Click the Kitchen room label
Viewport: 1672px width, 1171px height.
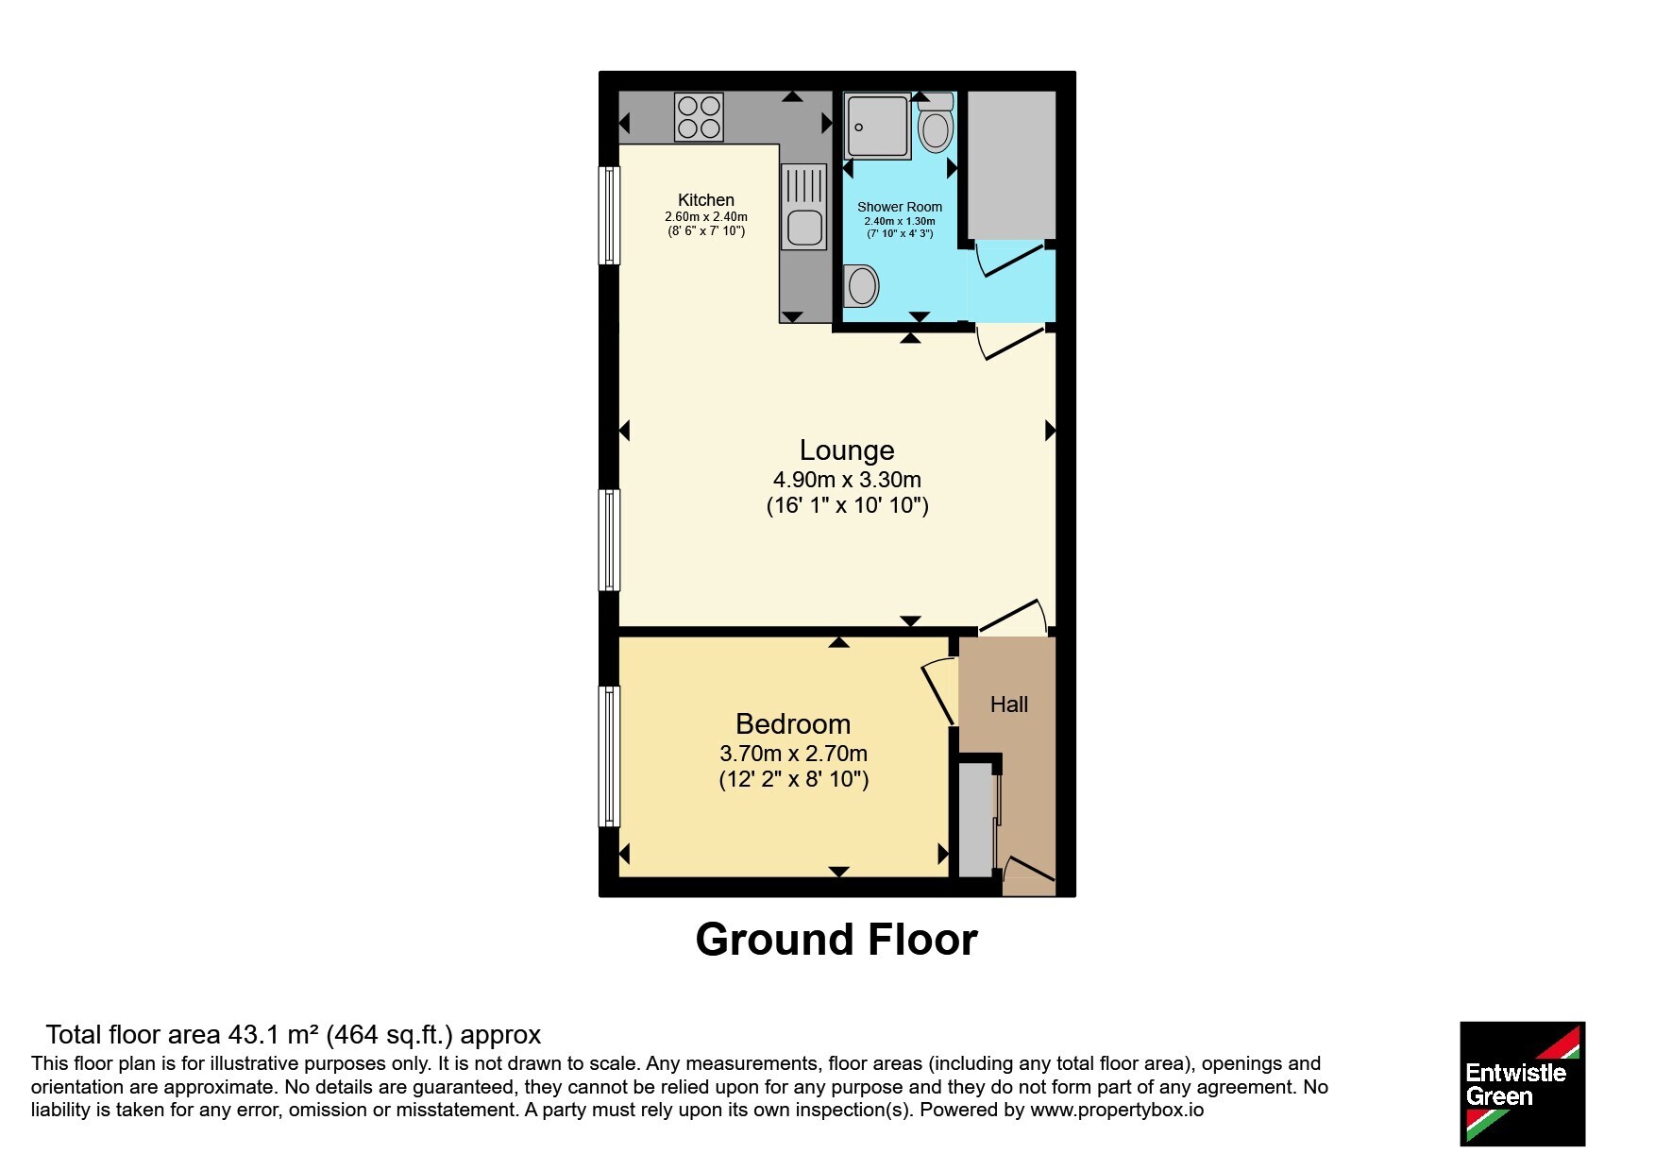(705, 199)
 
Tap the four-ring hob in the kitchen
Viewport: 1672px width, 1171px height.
(699, 117)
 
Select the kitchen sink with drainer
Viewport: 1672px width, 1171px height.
(803, 207)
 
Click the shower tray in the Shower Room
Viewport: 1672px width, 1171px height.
(877, 126)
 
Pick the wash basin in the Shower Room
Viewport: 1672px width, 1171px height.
(861, 285)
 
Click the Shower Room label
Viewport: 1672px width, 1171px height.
(899, 207)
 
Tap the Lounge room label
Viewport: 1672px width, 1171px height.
(847, 450)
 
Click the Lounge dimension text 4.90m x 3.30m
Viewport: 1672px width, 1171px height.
(847, 480)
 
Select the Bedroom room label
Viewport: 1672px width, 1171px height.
(793, 724)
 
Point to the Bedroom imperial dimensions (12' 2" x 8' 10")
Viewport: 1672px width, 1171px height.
(793, 779)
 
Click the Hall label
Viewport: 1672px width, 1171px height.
(1008, 704)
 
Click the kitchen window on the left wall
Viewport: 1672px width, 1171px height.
(610, 216)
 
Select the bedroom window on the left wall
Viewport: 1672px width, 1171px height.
(610, 756)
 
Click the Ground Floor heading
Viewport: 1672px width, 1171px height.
(836, 940)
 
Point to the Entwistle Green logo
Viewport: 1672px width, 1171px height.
(1522, 1084)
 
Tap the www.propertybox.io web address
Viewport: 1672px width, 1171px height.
(1117, 1111)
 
